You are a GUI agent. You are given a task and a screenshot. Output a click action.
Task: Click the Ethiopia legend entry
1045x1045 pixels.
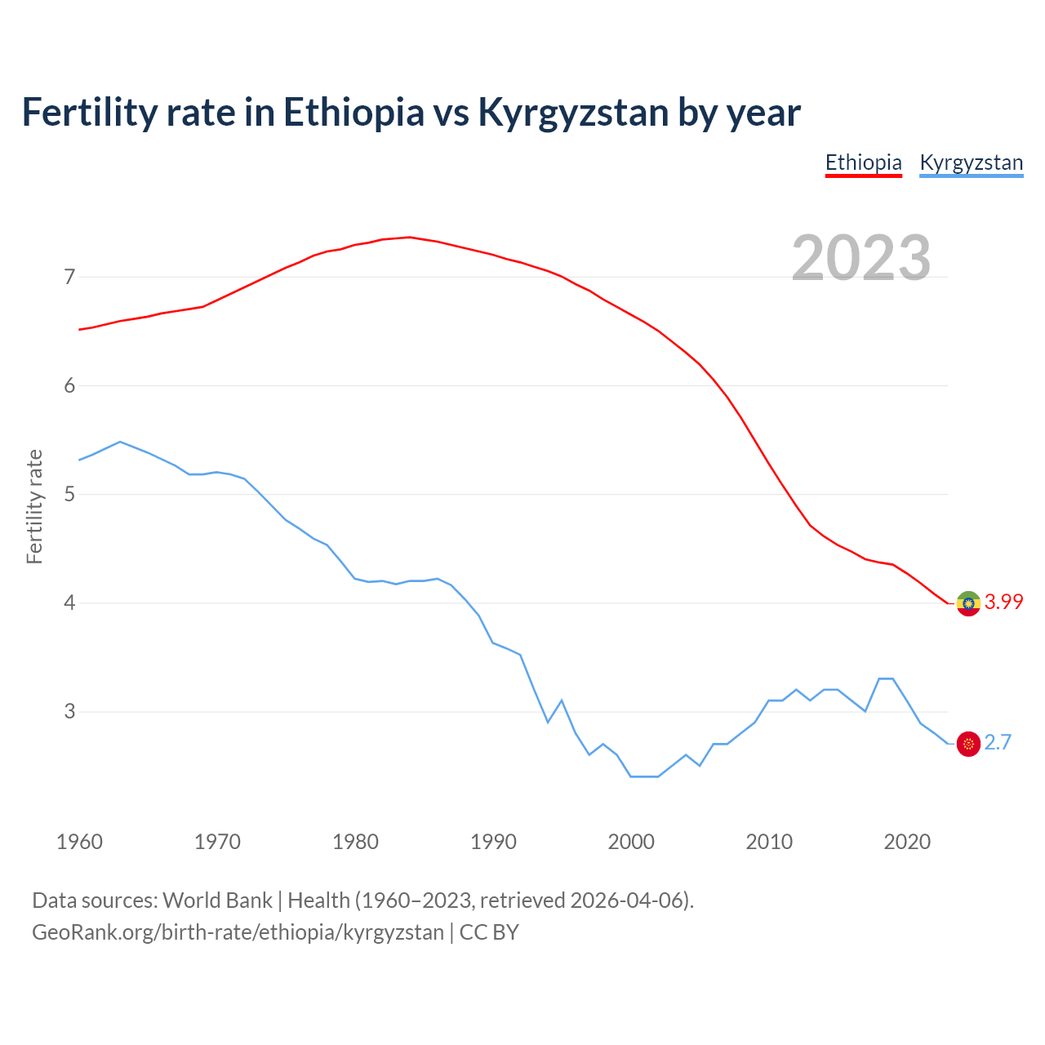pos(863,162)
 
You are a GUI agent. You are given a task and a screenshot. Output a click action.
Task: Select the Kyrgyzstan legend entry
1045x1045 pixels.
pos(971,162)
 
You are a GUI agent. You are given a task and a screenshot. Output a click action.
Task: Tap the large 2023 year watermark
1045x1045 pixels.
pos(861,258)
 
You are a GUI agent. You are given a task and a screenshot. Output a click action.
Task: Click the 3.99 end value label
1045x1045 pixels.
pos(1003,603)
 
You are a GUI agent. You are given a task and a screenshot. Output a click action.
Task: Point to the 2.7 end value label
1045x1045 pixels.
pos(998,743)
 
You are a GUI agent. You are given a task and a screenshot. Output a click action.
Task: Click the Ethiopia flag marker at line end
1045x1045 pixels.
pos(968,603)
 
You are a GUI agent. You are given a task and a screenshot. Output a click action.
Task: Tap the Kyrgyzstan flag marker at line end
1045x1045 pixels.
pos(968,744)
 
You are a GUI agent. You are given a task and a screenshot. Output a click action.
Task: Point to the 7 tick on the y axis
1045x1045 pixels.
pos(69,278)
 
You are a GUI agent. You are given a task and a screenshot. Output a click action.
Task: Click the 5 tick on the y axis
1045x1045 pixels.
pos(69,495)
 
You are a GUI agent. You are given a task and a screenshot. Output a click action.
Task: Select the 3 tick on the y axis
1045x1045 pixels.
pos(69,712)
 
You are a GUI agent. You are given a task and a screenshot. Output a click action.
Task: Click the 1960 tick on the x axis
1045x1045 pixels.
pos(79,842)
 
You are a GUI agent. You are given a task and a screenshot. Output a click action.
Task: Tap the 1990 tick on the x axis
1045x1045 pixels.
pos(493,842)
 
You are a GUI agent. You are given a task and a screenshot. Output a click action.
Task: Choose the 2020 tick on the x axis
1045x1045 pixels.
pos(907,842)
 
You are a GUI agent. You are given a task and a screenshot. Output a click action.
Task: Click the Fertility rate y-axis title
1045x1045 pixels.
pos(34,506)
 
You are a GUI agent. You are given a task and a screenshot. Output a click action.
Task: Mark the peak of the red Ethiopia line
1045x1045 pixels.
pos(410,238)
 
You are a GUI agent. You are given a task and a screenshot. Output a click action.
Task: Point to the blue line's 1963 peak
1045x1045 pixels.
pos(120,442)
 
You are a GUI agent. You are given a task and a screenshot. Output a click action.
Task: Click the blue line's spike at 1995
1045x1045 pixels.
pos(562,700)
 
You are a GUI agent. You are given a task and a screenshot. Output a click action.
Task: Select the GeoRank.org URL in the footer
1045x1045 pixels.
pos(238,932)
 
